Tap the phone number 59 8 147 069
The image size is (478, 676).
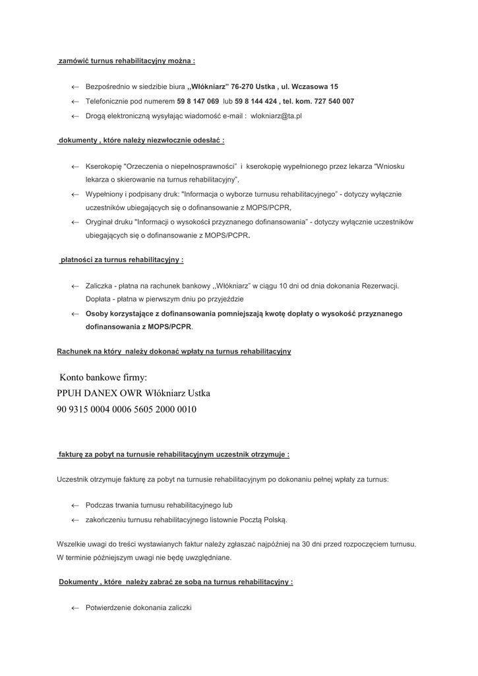[198, 102]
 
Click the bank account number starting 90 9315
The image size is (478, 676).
[127, 409]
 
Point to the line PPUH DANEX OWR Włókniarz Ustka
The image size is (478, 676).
[134, 393]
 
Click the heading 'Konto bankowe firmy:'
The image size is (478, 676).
[103, 378]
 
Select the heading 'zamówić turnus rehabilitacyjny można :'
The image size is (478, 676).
[127, 61]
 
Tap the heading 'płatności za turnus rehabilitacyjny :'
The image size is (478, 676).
[121, 260]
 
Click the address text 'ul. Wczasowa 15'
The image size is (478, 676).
[310, 87]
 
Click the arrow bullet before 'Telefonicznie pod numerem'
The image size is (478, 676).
[75, 102]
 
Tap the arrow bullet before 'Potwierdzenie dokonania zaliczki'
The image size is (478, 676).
[75, 608]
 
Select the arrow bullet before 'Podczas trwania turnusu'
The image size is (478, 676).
[75, 506]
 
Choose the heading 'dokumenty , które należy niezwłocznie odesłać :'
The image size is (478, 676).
[142, 141]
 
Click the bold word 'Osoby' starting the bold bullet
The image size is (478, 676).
[98, 314]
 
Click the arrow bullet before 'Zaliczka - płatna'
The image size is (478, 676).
[75, 286]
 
